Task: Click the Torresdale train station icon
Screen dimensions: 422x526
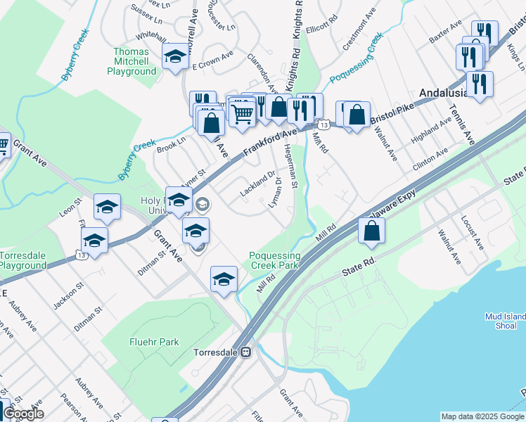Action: pyautogui.click(x=246, y=352)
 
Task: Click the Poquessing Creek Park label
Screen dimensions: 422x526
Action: pyautogui.click(x=275, y=260)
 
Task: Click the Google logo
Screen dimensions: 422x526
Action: pyautogui.click(x=23, y=414)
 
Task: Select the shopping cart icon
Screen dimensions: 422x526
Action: pyautogui.click(x=242, y=113)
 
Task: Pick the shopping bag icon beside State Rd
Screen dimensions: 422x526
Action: pyautogui.click(x=371, y=230)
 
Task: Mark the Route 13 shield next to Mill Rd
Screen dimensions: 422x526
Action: pyautogui.click(x=323, y=124)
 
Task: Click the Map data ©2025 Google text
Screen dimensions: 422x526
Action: pyautogui.click(x=482, y=416)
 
